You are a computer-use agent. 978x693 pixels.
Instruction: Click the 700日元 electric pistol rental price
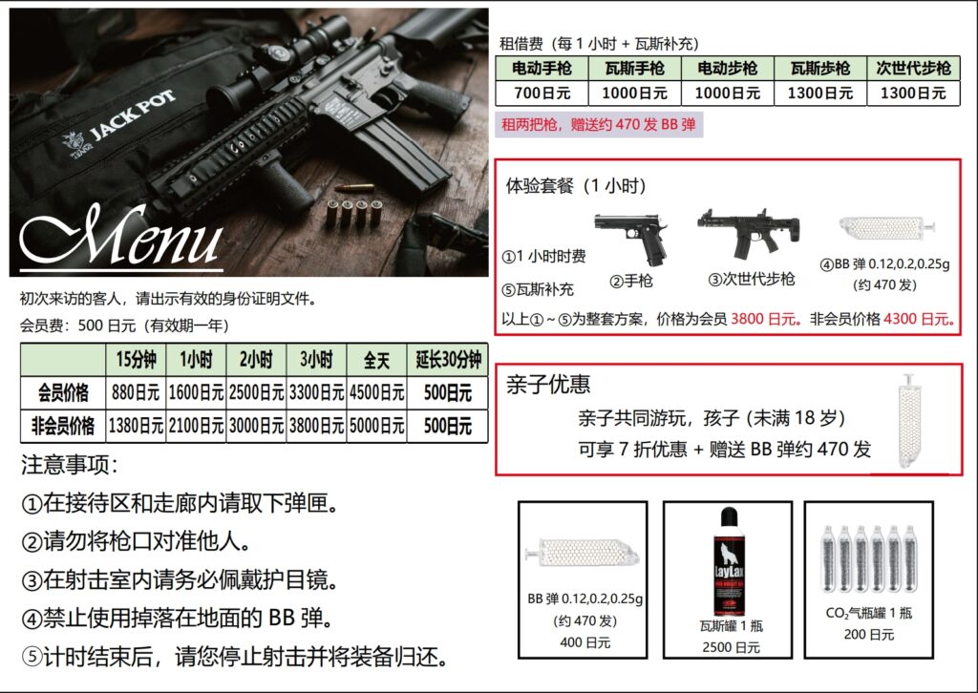click(x=542, y=94)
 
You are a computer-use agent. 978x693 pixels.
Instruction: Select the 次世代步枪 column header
click(x=913, y=68)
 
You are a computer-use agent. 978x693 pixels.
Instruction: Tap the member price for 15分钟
click(x=136, y=392)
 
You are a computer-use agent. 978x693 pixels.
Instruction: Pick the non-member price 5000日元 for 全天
click(x=376, y=426)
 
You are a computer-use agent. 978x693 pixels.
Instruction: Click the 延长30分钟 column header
click(x=448, y=360)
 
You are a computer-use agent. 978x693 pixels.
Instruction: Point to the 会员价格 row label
click(x=63, y=392)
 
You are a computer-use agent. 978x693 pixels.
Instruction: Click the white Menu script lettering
click(x=121, y=236)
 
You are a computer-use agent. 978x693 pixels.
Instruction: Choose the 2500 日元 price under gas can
click(x=731, y=647)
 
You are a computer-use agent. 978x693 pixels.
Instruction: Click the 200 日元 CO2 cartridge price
click(x=869, y=635)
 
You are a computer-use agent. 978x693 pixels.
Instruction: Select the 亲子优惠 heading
click(x=547, y=384)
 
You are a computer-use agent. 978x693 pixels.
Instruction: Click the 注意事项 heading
click(x=70, y=465)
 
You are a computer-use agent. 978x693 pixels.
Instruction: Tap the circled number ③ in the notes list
click(x=32, y=580)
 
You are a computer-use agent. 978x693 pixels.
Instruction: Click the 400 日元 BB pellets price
click(x=585, y=642)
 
